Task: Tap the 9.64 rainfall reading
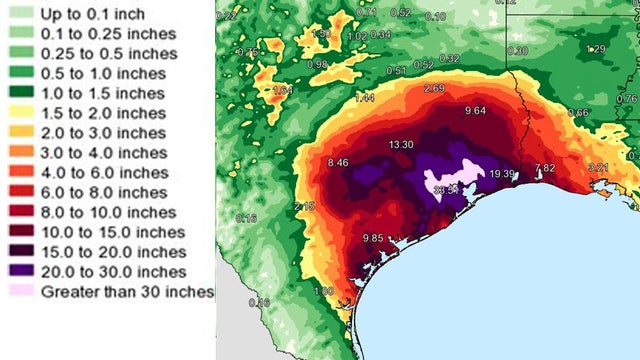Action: click(x=475, y=111)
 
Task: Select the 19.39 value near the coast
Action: click(x=502, y=174)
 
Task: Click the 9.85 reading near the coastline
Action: click(x=372, y=238)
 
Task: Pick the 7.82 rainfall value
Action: click(x=545, y=168)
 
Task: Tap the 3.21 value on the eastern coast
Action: click(x=597, y=166)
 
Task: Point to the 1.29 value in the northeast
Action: click(x=596, y=49)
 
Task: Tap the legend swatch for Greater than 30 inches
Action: click(x=20, y=292)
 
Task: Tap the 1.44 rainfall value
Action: click(x=364, y=98)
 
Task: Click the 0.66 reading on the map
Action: click(x=578, y=112)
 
